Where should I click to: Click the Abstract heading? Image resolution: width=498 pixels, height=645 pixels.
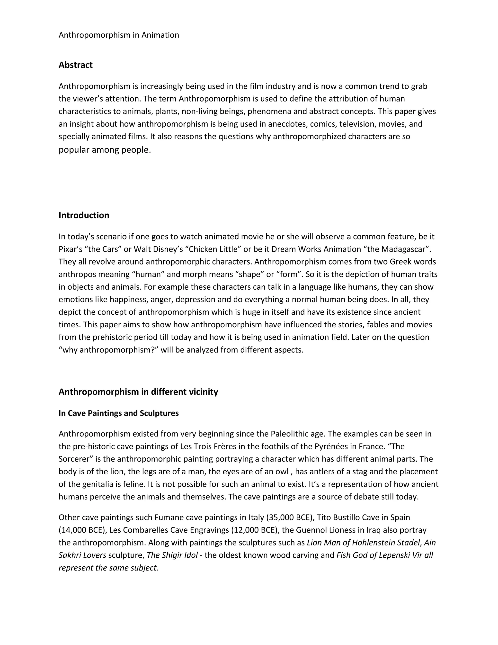coord(76,65)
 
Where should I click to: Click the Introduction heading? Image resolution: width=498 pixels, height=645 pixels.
coord(84,215)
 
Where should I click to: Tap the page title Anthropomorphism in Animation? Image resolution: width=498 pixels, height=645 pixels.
coord(119,35)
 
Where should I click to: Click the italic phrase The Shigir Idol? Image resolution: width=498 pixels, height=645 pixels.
coord(172,555)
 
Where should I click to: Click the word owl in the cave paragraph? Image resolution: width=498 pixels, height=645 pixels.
coord(282,472)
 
